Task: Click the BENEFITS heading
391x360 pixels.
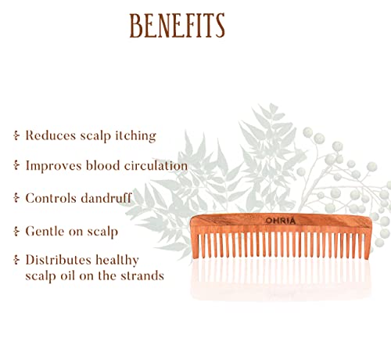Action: [177, 26]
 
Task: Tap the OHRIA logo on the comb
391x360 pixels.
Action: [281, 221]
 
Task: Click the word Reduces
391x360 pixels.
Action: [51, 135]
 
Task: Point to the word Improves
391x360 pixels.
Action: [53, 167]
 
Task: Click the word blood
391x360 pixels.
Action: [102, 166]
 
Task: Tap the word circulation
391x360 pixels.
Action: [156, 166]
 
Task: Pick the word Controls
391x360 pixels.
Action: [51, 198]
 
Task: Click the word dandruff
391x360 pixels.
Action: [106, 198]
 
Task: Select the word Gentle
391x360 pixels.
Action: [45, 231]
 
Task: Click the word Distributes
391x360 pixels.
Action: [58, 260]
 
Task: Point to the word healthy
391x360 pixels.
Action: [117, 261]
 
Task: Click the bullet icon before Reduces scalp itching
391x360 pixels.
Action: [16, 135]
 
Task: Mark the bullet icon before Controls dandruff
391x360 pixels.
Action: [16, 198]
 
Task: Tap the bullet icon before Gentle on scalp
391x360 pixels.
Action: [16, 232]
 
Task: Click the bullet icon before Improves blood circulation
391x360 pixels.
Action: [16, 166]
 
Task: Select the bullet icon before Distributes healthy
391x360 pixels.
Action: [16, 260]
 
